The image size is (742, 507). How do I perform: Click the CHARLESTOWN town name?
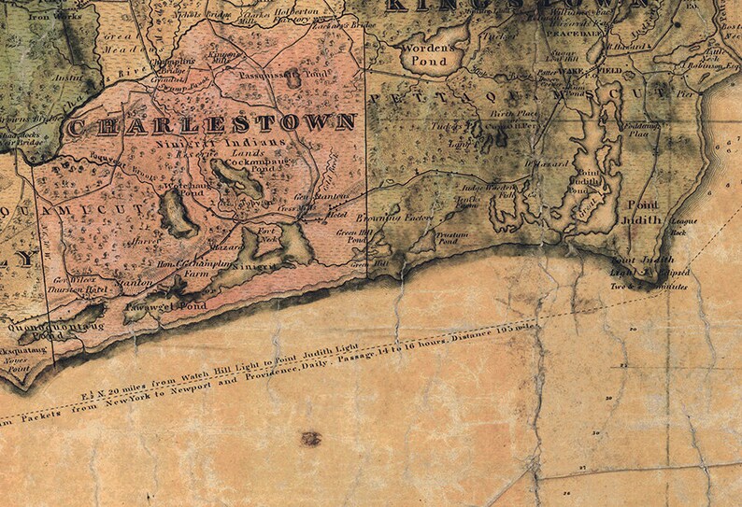[212, 122]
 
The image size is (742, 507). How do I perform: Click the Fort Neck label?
[270, 232]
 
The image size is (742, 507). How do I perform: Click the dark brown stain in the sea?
[310, 438]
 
